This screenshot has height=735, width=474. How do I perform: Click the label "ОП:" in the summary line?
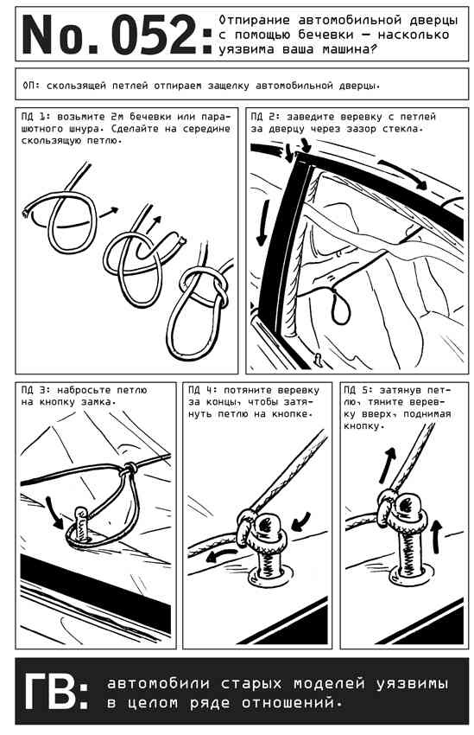(x=32, y=86)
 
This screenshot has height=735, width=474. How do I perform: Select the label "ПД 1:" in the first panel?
(x=36, y=116)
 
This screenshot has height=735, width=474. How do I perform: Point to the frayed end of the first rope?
(x=25, y=214)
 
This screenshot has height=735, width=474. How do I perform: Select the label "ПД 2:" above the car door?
(x=265, y=116)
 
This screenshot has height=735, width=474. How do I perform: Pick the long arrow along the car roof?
(x=403, y=174)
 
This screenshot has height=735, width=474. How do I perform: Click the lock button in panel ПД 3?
(x=81, y=524)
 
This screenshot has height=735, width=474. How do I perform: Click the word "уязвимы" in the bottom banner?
(x=412, y=684)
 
